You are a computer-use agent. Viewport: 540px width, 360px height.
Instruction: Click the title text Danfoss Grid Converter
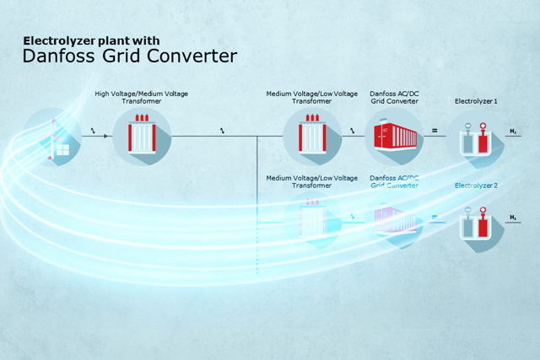[x=129, y=56]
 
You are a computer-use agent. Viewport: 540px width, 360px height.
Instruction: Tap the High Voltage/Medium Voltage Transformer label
[x=141, y=97]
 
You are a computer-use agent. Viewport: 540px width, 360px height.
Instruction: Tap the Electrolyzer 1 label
[x=476, y=101]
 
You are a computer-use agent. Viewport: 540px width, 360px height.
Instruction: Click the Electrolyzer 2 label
[x=476, y=185]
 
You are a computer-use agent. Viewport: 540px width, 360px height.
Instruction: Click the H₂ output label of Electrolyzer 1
[x=513, y=132]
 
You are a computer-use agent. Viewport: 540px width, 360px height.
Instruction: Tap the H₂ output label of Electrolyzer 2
[x=513, y=218]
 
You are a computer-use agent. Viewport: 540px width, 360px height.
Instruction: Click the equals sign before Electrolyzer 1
[x=435, y=131]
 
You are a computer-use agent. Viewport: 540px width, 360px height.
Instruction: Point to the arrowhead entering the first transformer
[x=107, y=134]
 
